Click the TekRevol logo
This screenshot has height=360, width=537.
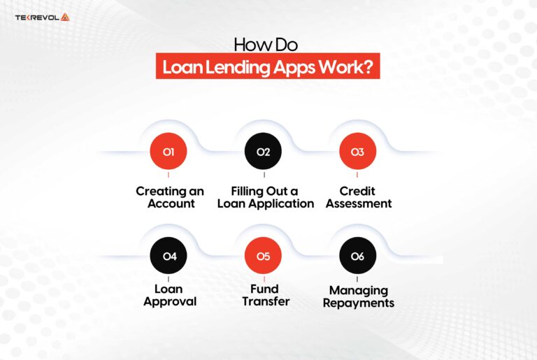(43, 17)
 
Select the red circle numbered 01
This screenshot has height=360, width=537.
(169, 152)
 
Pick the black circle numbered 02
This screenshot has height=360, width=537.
(264, 152)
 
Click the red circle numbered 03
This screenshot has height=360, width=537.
(357, 152)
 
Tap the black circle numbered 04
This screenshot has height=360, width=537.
(169, 257)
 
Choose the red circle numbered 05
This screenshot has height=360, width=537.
(264, 257)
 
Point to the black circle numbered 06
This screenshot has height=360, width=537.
(357, 257)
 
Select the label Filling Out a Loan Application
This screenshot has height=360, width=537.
(266, 197)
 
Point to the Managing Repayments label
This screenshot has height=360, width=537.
(359, 296)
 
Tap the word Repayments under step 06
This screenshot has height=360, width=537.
(359, 303)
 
